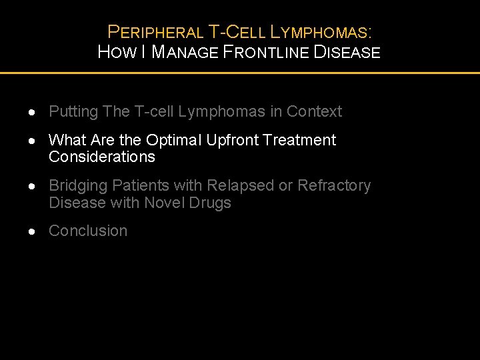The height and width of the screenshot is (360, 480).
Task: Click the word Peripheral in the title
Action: (155, 31)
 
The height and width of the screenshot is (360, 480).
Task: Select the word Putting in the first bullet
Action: (74, 111)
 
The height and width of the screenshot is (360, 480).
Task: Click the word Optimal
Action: (174, 140)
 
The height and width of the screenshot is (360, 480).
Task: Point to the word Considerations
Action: (101, 157)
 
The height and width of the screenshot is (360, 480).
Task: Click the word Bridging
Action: (78, 185)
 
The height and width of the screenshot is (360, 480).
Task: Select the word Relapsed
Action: (241, 185)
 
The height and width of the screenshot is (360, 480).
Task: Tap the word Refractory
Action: (333, 185)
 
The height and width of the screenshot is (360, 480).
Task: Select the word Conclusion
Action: (88, 231)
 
